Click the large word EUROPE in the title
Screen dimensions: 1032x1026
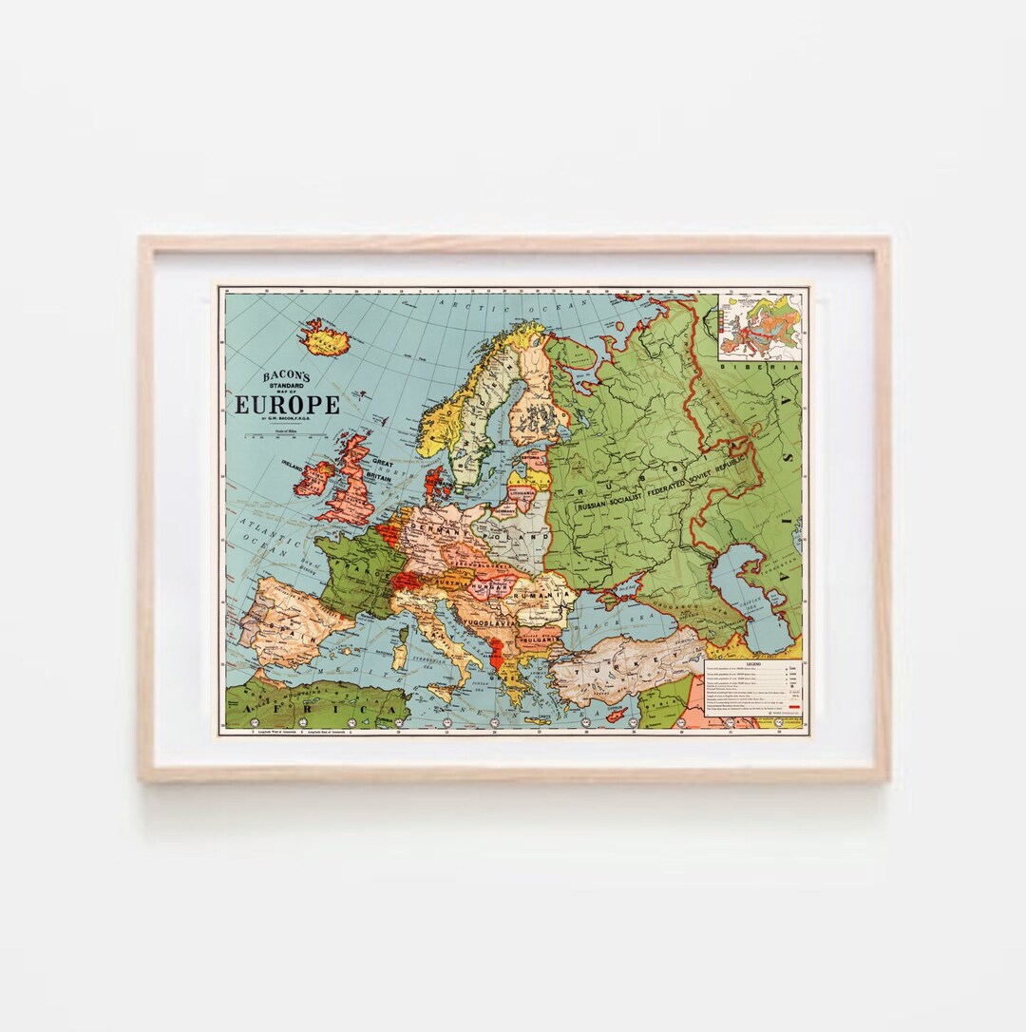(287, 405)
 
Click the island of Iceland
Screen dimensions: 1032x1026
(326, 336)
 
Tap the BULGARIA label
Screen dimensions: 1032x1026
(539, 640)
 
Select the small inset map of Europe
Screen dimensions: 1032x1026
(760, 325)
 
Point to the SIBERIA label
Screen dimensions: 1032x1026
(747, 366)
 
